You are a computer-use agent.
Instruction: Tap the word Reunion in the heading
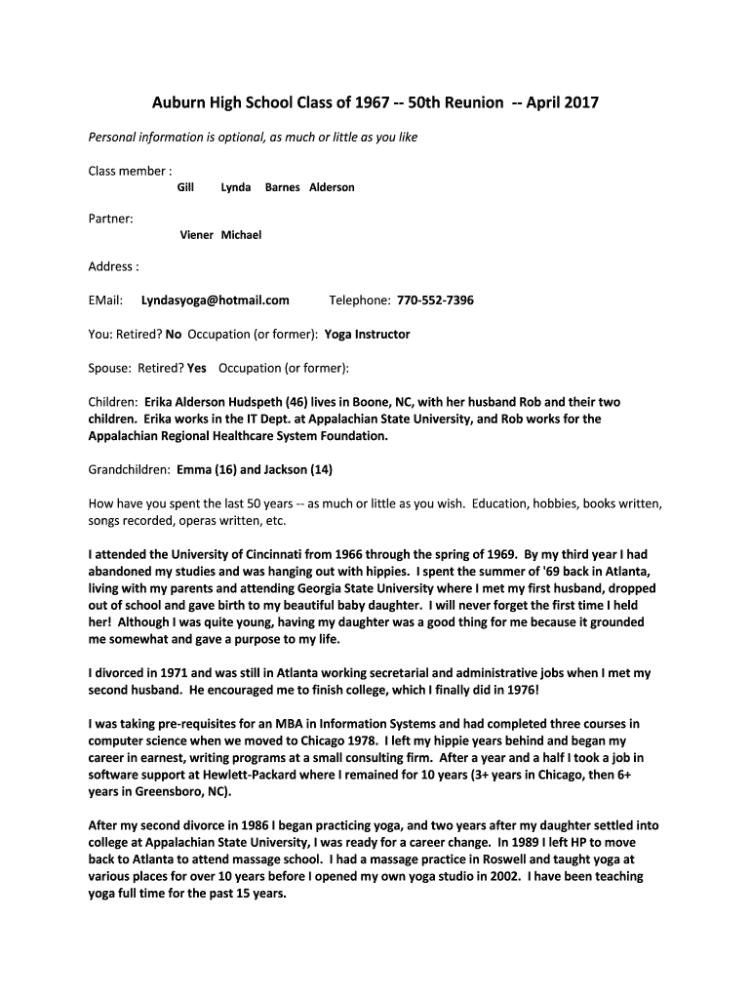[470, 102]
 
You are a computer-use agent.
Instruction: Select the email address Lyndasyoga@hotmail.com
[215, 300]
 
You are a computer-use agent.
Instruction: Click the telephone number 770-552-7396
[435, 300]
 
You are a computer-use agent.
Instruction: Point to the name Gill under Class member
[185, 187]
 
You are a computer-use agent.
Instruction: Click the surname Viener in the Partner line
[196, 235]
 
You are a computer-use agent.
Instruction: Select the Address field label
[111, 266]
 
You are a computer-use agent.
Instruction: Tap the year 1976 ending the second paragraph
[516, 690]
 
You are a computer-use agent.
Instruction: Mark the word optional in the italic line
[217, 138]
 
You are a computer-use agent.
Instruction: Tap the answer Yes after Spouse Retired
[196, 369]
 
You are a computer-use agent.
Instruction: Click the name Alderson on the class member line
[332, 187]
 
